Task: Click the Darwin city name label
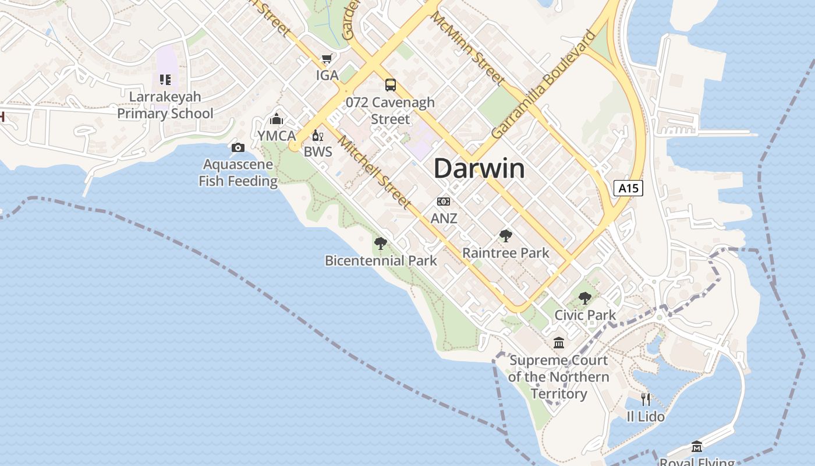479,169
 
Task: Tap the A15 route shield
628,188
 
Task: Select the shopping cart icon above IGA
327,59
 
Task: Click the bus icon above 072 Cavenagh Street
390,85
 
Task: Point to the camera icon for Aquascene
238,147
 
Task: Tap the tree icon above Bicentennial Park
381,243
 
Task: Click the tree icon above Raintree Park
506,235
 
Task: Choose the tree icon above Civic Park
585,298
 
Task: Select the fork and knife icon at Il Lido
646,400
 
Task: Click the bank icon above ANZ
444,202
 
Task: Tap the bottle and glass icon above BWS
317,136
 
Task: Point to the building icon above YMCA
277,119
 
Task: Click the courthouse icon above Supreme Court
559,343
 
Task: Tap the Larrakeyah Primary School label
165,105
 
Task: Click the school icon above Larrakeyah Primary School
165,79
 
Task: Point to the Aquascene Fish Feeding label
238,173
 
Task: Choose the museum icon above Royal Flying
697,447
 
